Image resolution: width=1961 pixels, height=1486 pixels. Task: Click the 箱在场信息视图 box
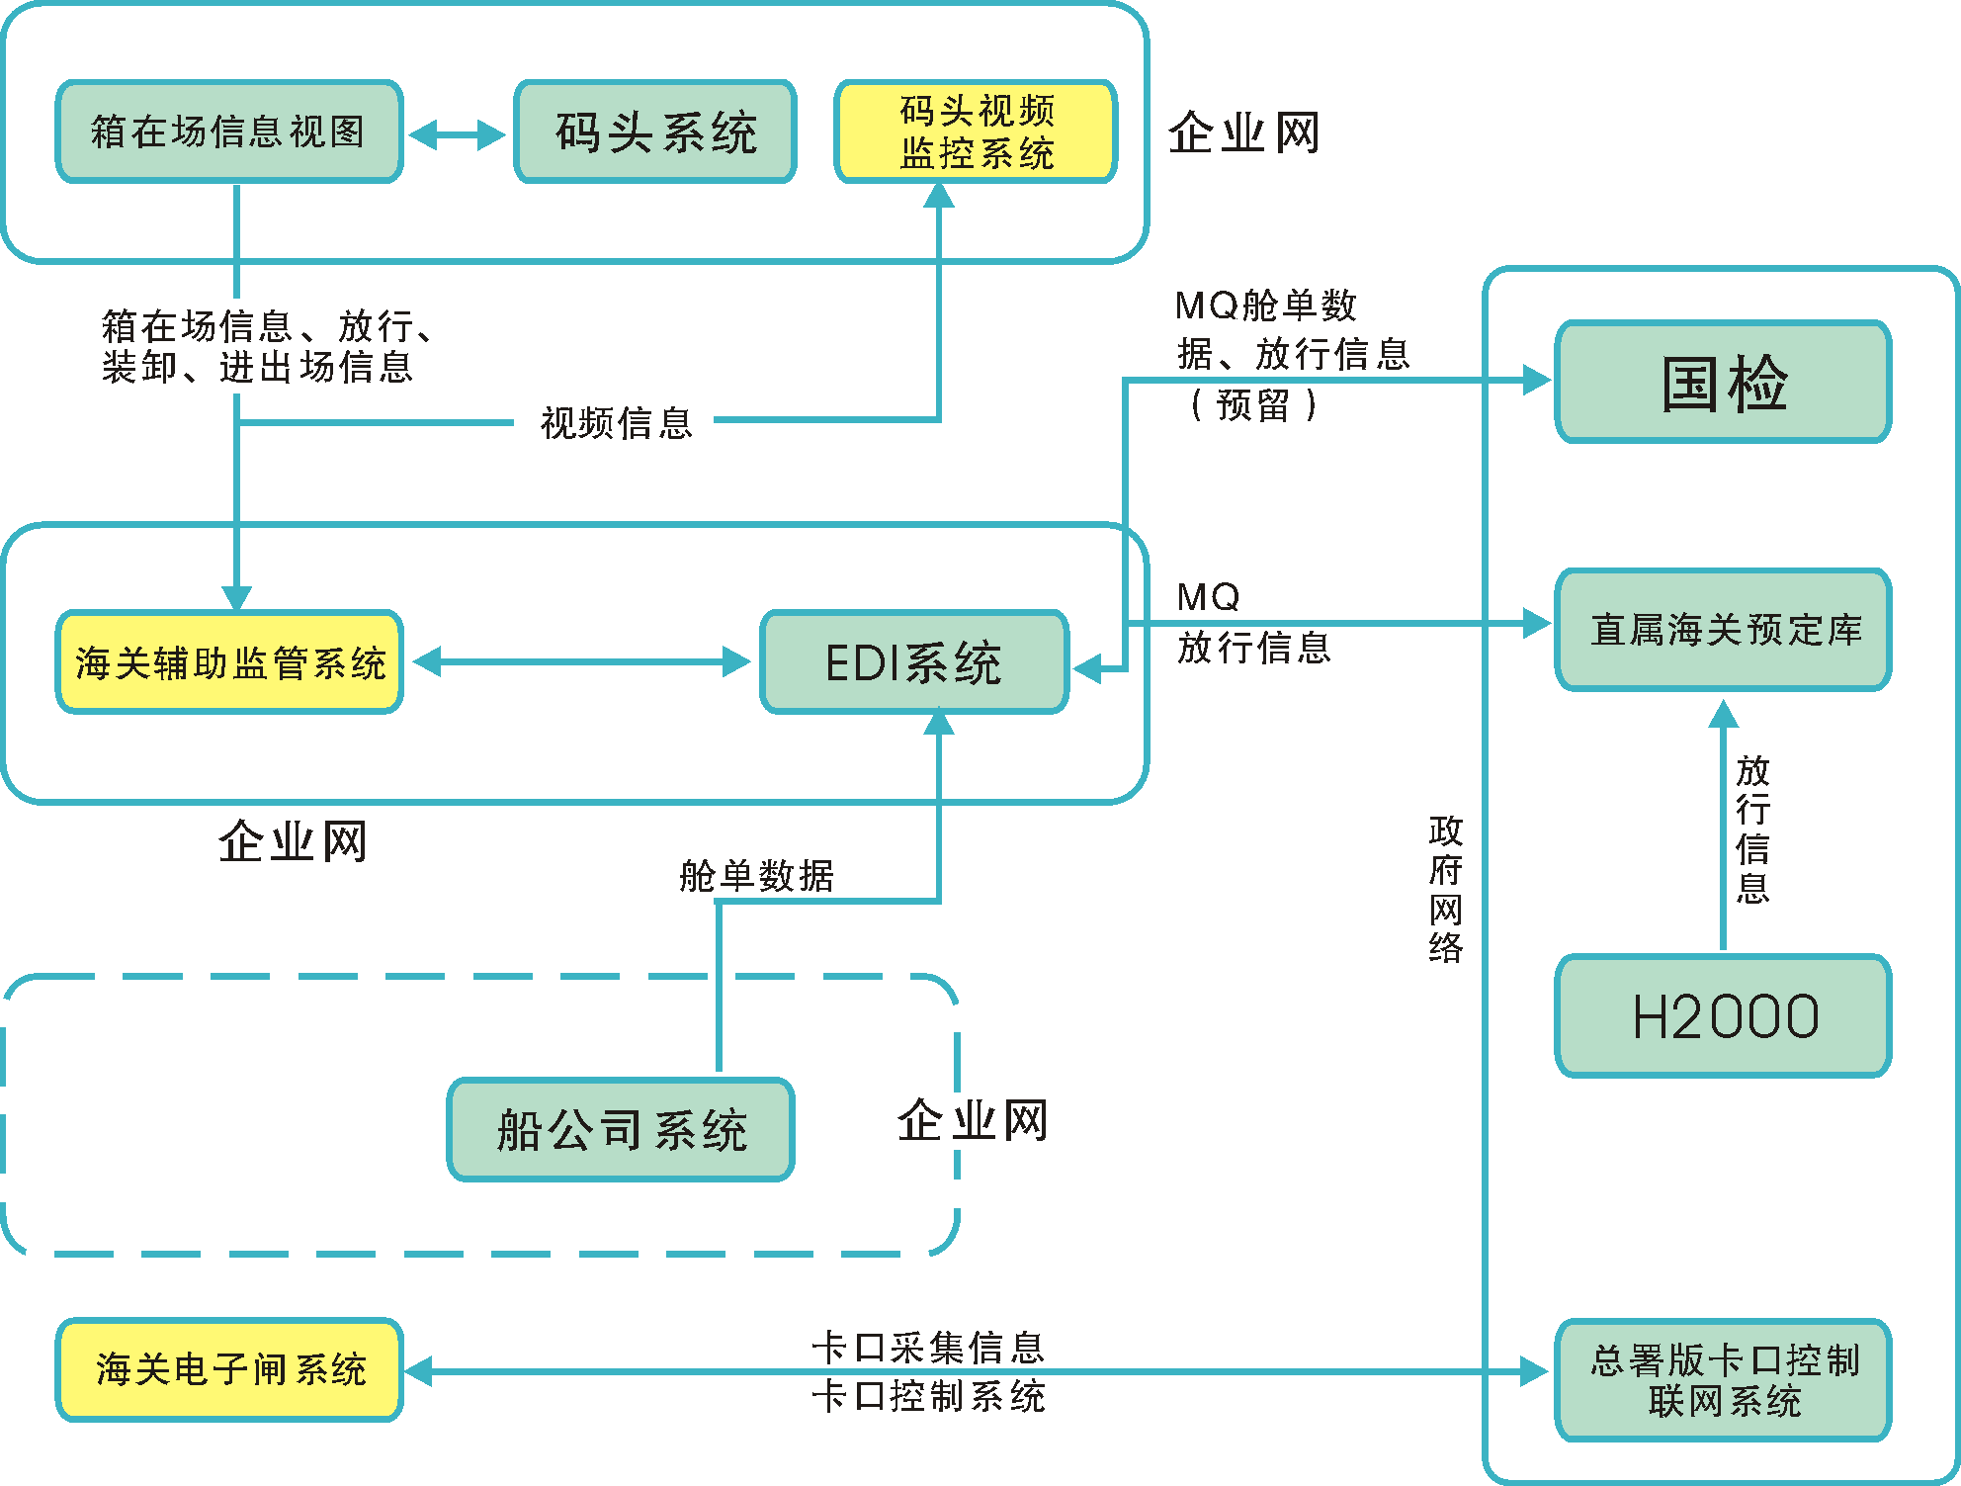(229, 131)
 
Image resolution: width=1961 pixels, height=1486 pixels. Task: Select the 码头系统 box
(655, 131)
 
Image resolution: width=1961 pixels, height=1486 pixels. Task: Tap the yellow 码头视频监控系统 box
(977, 131)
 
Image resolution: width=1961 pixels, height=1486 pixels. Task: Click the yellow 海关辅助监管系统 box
(229, 661)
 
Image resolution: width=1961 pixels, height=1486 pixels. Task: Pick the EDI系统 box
(914, 661)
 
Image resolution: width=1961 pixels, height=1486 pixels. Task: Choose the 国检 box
(1723, 382)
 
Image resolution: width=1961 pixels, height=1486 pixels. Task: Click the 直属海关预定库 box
(1723, 629)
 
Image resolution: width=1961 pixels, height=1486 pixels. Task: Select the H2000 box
(1723, 1015)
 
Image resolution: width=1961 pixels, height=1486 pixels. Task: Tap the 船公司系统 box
(621, 1129)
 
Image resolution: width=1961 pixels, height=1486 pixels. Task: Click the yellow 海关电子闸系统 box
(229, 1369)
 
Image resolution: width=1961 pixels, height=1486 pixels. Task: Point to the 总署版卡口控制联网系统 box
(1723, 1379)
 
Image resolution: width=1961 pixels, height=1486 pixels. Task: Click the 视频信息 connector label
(616, 423)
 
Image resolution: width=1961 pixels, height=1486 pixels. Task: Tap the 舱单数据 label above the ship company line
(756, 875)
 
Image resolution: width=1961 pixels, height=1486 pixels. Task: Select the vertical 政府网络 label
(1445, 889)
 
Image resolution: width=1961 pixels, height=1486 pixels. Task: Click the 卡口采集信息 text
(927, 1348)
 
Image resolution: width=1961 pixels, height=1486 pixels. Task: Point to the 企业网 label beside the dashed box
(973, 1120)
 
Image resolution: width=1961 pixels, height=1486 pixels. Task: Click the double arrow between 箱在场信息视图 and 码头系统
(457, 134)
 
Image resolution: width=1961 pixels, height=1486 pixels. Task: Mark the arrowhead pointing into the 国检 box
(1536, 380)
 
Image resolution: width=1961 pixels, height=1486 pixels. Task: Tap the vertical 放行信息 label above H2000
(1752, 829)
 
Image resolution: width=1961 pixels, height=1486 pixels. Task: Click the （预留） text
(1253, 404)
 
